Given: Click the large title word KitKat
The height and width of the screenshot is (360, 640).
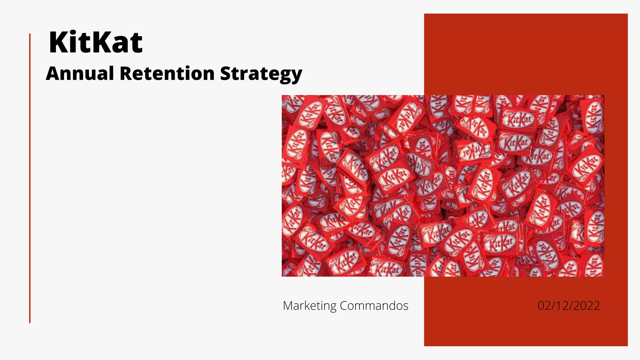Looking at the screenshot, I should pos(96,42).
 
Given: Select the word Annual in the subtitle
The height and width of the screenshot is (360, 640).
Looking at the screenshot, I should pos(80,74).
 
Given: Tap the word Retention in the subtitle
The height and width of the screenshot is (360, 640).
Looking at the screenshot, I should pos(167,74).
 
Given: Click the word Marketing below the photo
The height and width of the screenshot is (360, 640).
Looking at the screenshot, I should pos(309,306).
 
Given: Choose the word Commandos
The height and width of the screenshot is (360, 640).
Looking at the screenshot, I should pos(374,306).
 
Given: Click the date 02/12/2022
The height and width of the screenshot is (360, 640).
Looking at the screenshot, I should pos(568,306).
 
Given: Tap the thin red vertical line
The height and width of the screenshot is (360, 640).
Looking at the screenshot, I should pos(30,178).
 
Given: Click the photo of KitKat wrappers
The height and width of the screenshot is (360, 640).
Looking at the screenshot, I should pos(443,186).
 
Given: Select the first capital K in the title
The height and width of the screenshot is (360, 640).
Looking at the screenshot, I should pos(58,42).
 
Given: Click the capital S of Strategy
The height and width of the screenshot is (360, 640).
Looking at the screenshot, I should pos(226,73).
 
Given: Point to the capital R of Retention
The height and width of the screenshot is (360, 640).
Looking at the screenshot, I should pos(126,73).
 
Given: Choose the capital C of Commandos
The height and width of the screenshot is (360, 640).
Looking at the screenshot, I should pos(344,306).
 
